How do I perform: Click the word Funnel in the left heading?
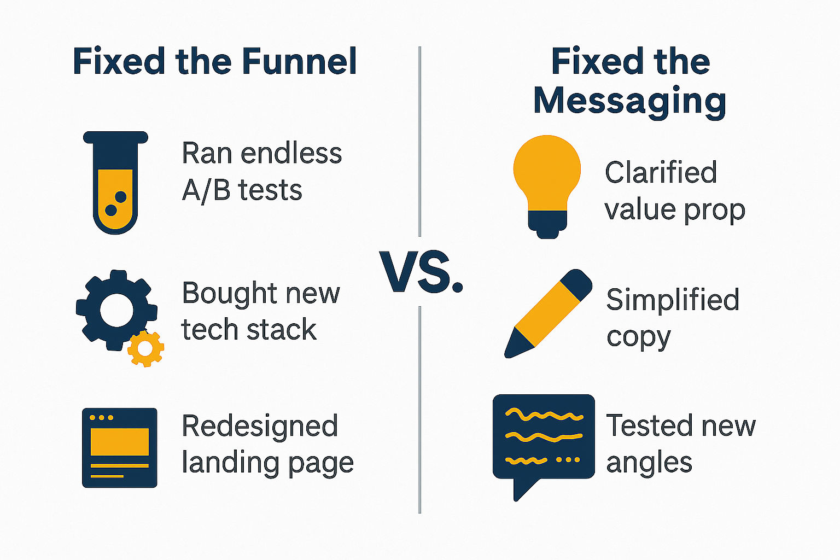click(299, 61)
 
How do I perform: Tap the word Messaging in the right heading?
click(629, 101)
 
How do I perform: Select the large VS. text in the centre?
click(421, 272)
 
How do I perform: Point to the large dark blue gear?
click(116, 310)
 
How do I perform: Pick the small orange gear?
click(145, 348)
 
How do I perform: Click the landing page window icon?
click(120, 447)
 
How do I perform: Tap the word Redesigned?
click(260, 426)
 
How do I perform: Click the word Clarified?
click(661, 173)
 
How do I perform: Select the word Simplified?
click(673, 300)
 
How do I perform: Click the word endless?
click(291, 154)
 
